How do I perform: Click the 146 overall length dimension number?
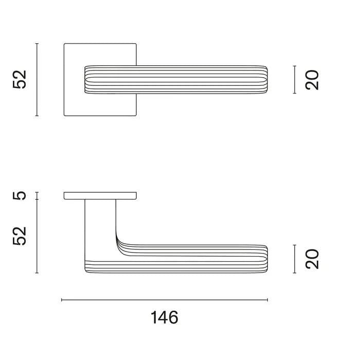[x=165, y=317]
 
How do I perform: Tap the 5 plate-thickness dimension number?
[x=20, y=195]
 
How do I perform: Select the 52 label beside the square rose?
[x=20, y=79]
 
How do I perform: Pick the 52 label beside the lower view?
[x=20, y=236]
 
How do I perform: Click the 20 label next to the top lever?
[x=312, y=80]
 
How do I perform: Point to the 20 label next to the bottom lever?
[x=312, y=259]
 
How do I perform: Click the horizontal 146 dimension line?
[x=165, y=300]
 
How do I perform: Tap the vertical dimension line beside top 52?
[x=37, y=80]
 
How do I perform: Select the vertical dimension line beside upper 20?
[x=294, y=80]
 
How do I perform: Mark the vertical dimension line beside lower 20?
[x=294, y=259]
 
